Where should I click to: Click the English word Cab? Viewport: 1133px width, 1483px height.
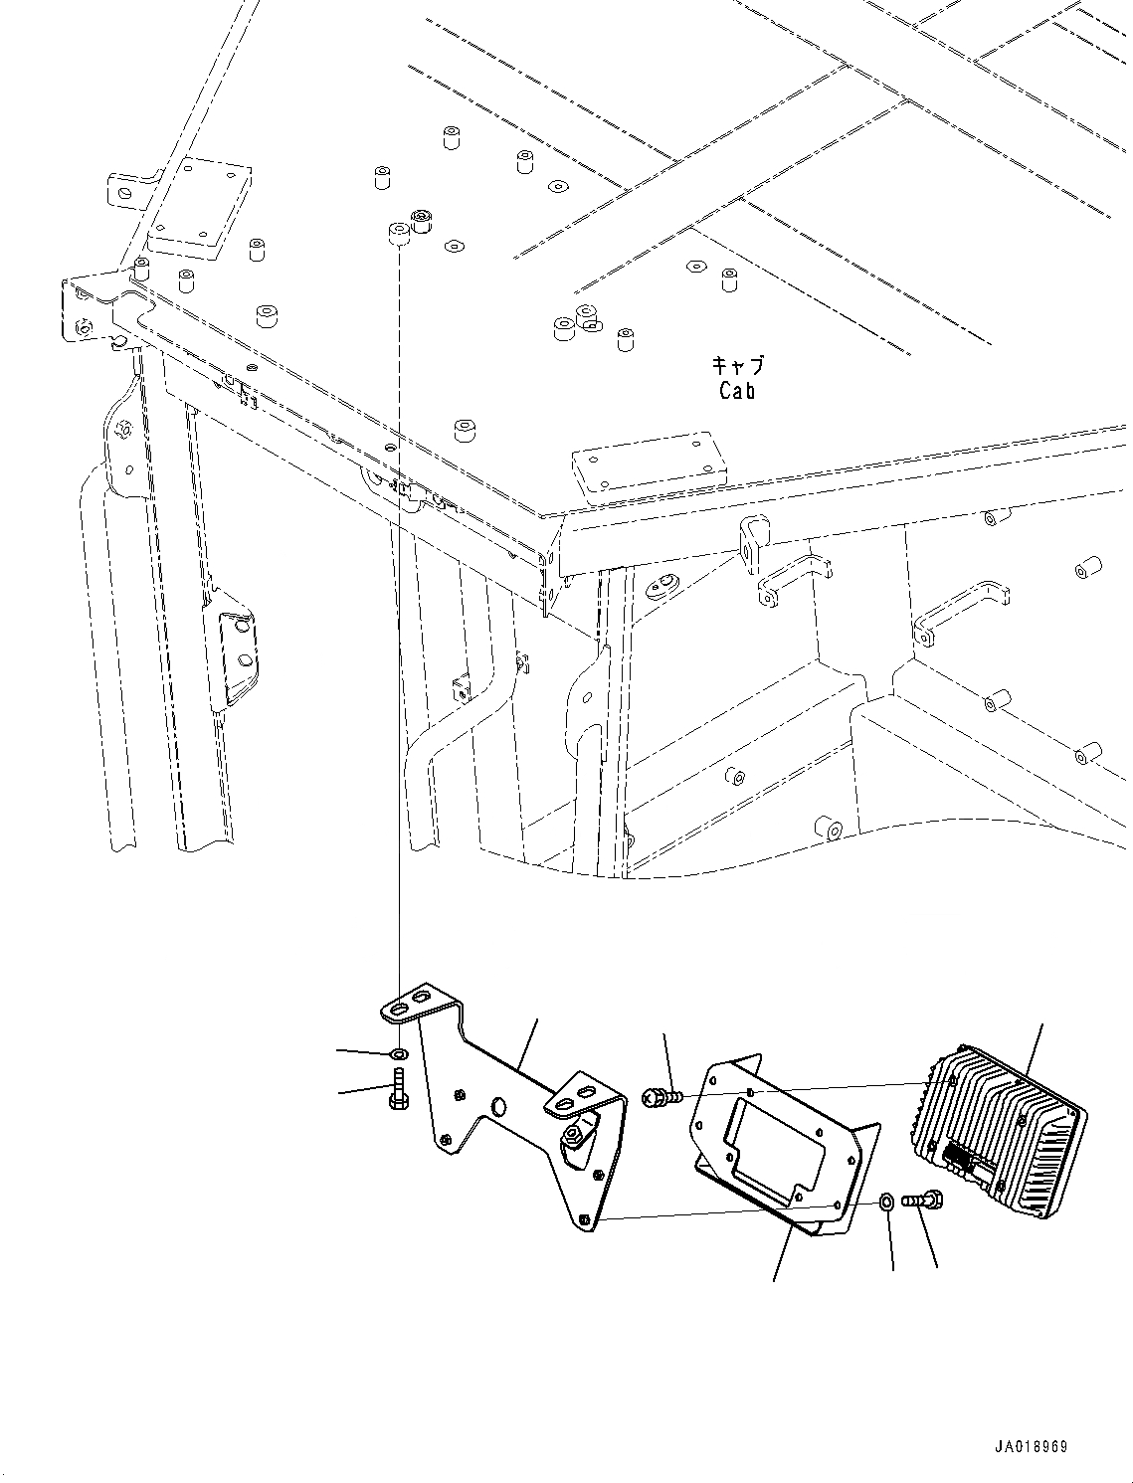(x=737, y=391)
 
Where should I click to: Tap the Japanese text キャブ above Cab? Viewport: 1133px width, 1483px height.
(x=737, y=366)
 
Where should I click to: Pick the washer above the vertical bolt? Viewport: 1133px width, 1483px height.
(x=398, y=1053)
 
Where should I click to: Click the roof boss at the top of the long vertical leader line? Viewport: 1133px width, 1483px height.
(x=398, y=236)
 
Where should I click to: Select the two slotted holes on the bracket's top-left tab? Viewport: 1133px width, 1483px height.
(x=411, y=1002)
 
